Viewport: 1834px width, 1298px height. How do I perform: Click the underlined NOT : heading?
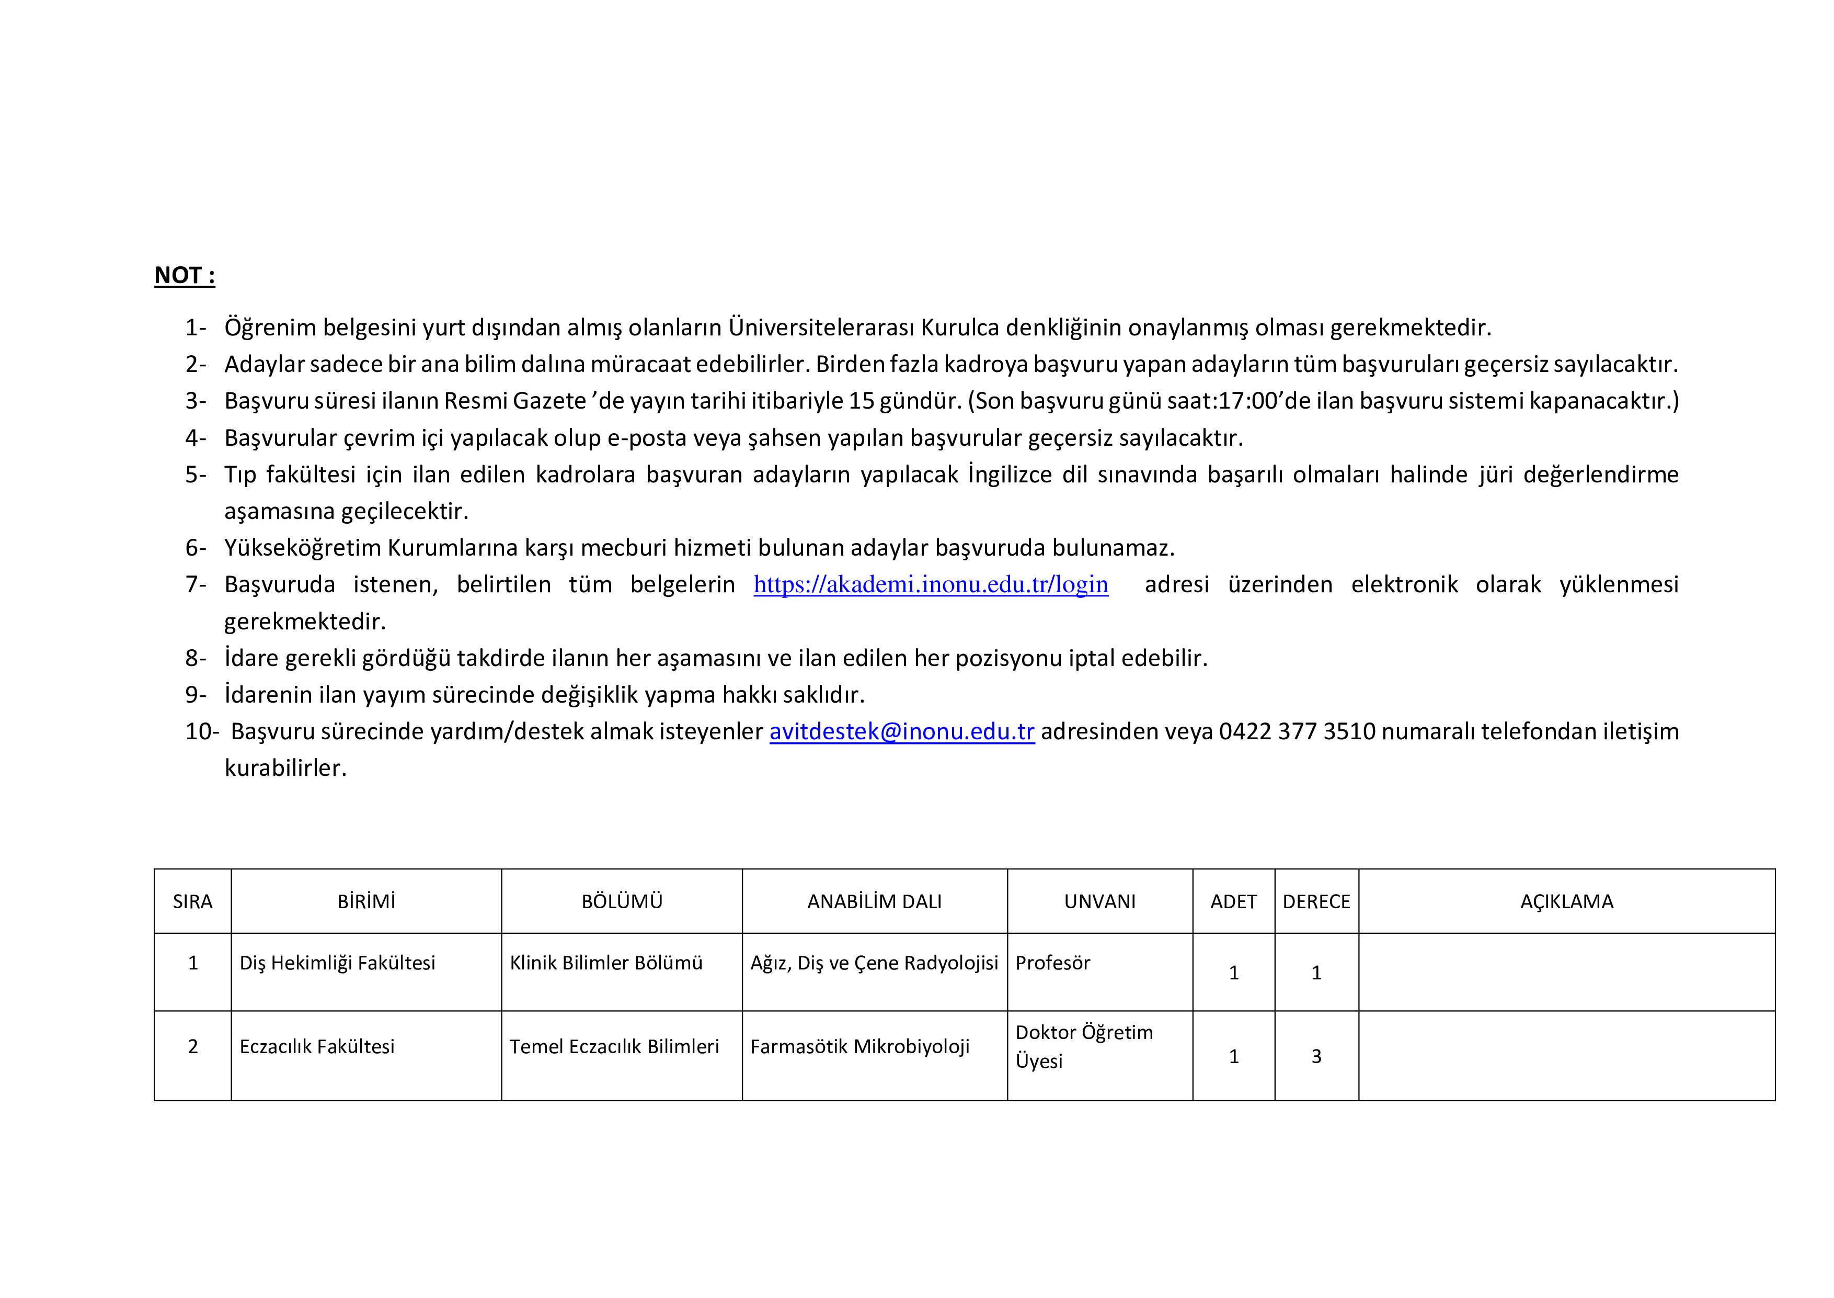[185, 275]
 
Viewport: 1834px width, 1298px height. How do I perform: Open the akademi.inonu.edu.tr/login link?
[931, 584]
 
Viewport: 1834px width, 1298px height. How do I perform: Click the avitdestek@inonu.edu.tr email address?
[902, 731]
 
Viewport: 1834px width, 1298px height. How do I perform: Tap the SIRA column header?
[192, 901]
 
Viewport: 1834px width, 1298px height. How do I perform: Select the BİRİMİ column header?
[366, 901]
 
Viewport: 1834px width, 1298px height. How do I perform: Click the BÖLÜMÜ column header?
[622, 901]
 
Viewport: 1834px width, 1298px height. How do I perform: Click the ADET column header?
[1233, 901]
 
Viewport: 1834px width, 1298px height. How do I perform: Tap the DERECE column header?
[1316, 901]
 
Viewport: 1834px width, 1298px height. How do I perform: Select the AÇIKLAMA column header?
[1566, 901]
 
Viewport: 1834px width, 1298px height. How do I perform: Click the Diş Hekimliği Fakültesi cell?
[337, 963]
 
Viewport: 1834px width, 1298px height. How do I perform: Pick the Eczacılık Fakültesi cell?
[317, 1047]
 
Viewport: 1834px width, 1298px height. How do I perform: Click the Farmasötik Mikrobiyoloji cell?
[859, 1047]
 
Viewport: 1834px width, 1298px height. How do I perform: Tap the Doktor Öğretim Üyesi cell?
[1083, 1046]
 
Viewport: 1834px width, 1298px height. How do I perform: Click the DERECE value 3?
[1316, 1057]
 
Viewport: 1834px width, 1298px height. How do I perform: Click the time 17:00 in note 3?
[1250, 400]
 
